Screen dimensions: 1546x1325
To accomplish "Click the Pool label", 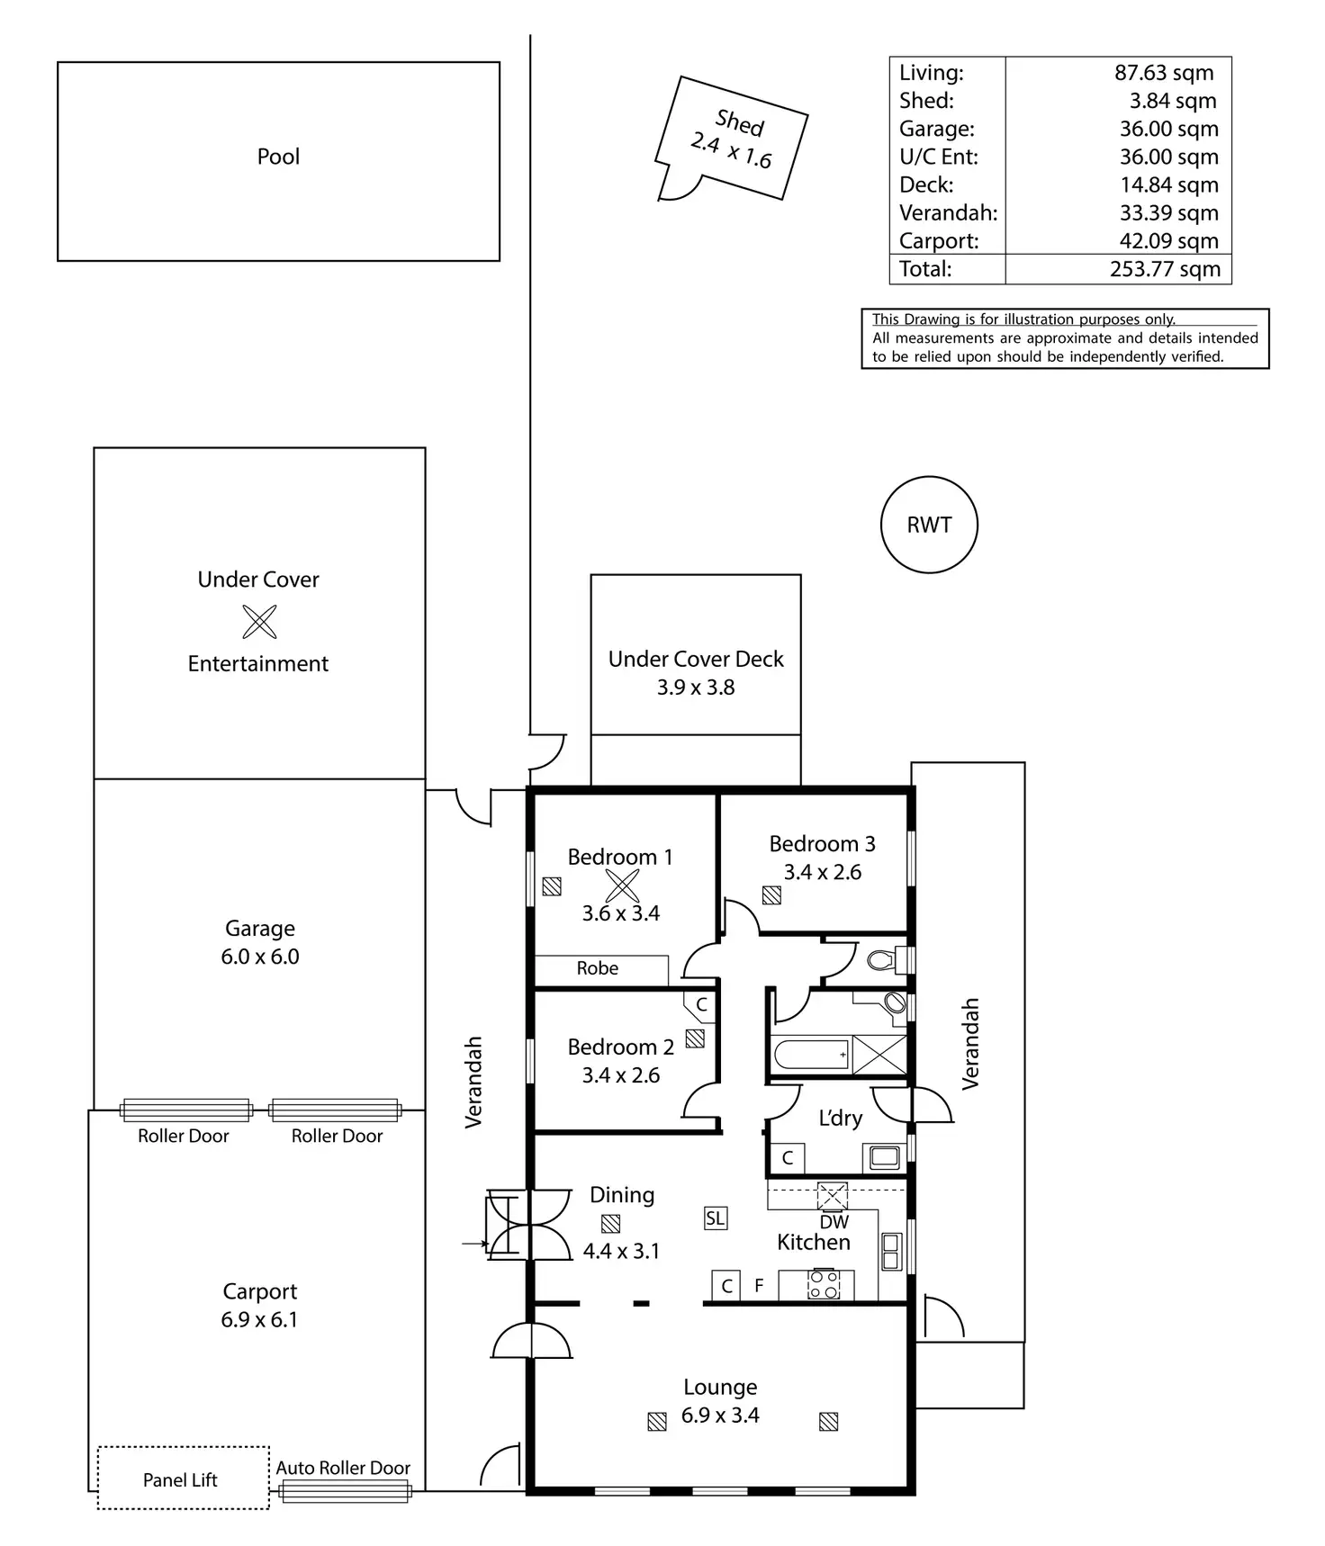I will pyautogui.click(x=278, y=157).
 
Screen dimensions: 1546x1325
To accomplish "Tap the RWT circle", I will pyautogui.click(x=929, y=525).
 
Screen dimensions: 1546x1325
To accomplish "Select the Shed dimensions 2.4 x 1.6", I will pyautogui.click(x=731, y=151).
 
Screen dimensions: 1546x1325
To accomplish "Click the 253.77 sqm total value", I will pyautogui.click(x=1165, y=269).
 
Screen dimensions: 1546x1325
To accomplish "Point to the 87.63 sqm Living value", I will pyautogui.click(x=1164, y=73).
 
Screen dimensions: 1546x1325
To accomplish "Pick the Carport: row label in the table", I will pyautogui.click(x=939, y=241).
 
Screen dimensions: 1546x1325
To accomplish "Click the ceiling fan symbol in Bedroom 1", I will pyautogui.click(x=621, y=885).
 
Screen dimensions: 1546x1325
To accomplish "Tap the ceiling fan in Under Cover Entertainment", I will pyautogui.click(x=259, y=621).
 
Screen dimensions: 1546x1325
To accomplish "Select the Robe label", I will pyautogui.click(x=598, y=968).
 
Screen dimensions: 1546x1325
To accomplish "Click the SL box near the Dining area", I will pyautogui.click(x=715, y=1218).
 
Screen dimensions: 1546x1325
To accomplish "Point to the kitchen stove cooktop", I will pyautogui.click(x=824, y=1284).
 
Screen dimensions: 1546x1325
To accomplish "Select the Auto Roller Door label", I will pyautogui.click(x=343, y=1468).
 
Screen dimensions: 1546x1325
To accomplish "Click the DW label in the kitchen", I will pyautogui.click(x=834, y=1222).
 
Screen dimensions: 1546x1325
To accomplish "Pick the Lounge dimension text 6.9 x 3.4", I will pyautogui.click(x=720, y=1416).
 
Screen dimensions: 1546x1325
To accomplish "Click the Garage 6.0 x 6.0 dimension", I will pyautogui.click(x=260, y=957).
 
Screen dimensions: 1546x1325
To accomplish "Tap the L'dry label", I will pyautogui.click(x=840, y=1119).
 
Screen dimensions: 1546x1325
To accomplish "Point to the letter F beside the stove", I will pyautogui.click(x=759, y=1286).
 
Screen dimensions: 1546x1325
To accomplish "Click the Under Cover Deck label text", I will pyautogui.click(x=696, y=659).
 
